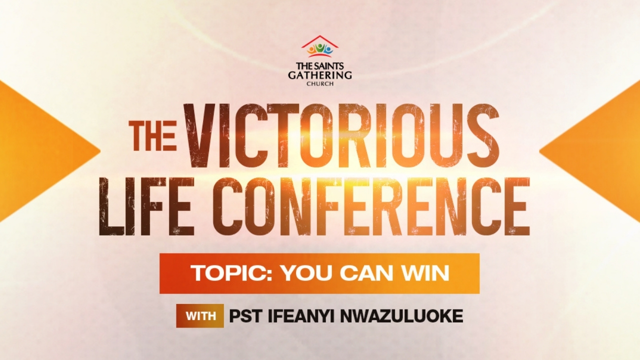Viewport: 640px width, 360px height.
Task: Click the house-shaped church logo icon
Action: tap(320, 47)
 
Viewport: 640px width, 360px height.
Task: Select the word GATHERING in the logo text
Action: tap(320, 75)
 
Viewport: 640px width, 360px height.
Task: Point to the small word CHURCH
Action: tap(320, 83)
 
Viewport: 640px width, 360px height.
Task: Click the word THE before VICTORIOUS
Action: tap(152, 135)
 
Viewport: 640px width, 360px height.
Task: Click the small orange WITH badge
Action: tap(200, 316)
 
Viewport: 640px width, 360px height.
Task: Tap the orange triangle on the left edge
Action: tap(40, 150)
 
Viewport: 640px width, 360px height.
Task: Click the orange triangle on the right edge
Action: tap(600, 150)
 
